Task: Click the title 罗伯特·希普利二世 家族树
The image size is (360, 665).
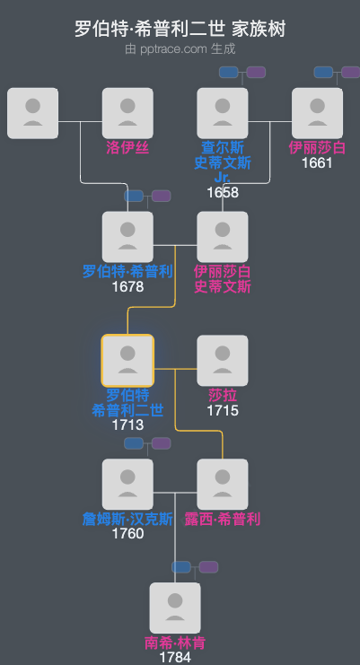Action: [x=180, y=29]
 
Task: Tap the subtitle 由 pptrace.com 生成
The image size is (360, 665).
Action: [x=180, y=48]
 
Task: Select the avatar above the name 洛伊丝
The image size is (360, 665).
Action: [x=127, y=113]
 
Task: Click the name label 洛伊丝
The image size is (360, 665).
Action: [x=127, y=147]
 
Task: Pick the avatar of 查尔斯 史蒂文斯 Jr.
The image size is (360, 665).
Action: [x=223, y=113]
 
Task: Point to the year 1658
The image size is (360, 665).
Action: [x=223, y=192]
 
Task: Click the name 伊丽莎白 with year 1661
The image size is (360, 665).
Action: [x=317, y=147]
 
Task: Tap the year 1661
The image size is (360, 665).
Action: [x=317, y=162]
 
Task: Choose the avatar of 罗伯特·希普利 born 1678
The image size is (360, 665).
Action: [x=127, y=237]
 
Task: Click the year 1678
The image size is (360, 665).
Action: [x=127, y=286]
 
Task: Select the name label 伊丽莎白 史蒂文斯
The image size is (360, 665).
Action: [x=223, y=278]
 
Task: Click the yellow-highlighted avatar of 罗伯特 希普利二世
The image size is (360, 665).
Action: [x=127, y=361]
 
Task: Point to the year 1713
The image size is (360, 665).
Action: [x=127, y=424]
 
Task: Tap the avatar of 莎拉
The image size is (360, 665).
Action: [x=223, y=361]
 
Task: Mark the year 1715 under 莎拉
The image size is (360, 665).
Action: [x=223, y=410]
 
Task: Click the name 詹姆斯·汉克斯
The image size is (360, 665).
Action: [x=127, y=519]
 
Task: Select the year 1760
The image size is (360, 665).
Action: [x=127, y=534]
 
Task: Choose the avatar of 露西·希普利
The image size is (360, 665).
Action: [x=223, y=485]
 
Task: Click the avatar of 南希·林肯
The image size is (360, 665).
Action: [x=175, y=608]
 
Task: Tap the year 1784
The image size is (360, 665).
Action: [x=175, y=658]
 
